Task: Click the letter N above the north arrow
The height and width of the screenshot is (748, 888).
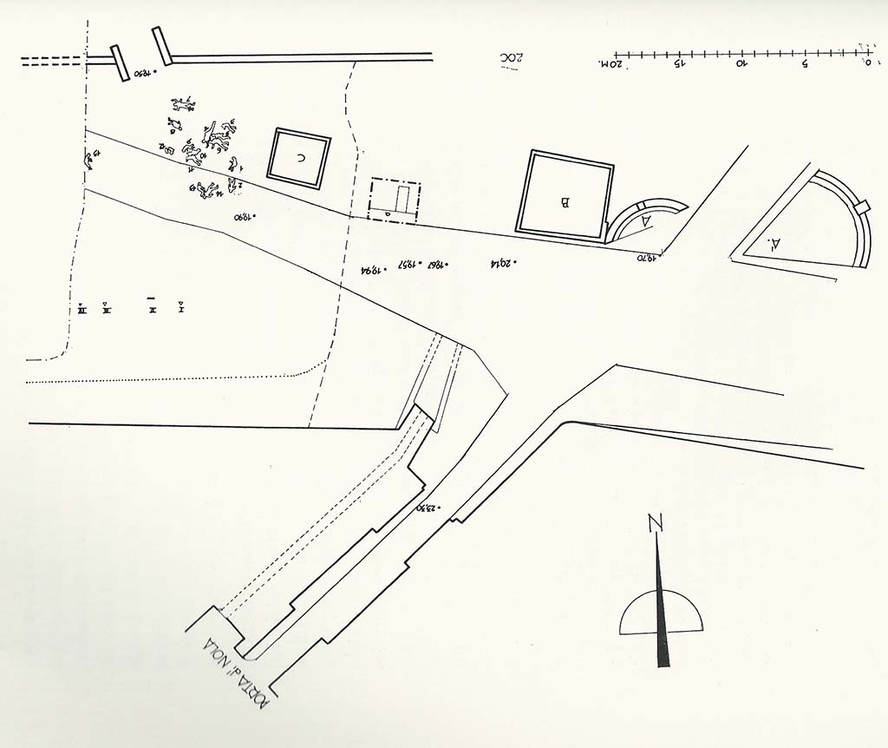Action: tap(656, 523)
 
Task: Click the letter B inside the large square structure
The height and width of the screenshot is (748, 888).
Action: tap(565, 203)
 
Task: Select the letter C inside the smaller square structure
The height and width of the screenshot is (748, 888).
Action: tap(300, 158)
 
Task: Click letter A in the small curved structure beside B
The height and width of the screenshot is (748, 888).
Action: tap(644, 222)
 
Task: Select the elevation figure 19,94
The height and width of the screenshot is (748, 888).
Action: tap(372, 271)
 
